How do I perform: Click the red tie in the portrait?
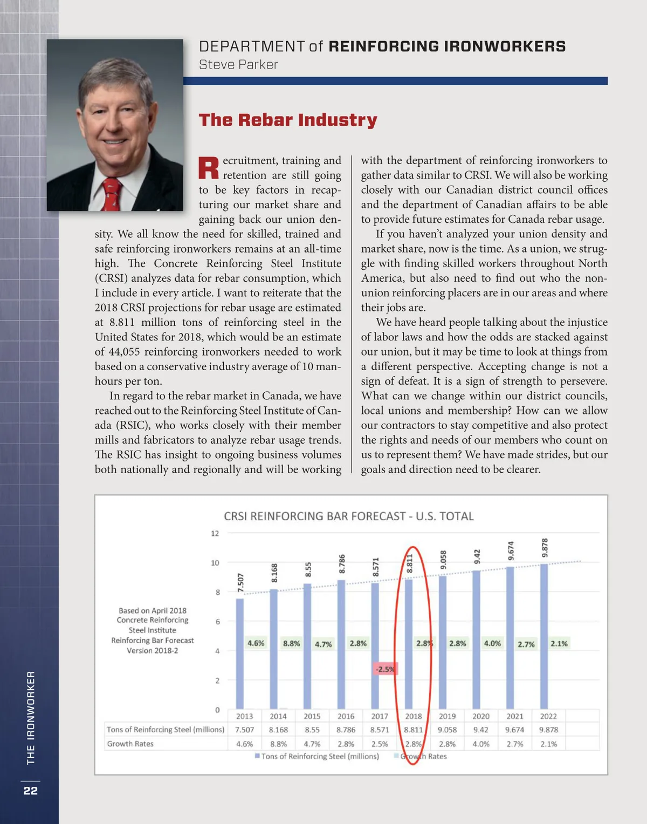pos(111,194)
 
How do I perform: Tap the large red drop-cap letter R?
pos(209,168)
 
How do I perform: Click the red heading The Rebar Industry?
pos(288,120)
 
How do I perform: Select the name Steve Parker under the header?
pos(238,65)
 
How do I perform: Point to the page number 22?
pos(31,791)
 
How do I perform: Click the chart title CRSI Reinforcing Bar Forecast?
pos(349,516)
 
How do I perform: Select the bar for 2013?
pos(240,653)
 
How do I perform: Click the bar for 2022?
pos(544,637)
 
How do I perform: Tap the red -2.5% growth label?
pos(384,669)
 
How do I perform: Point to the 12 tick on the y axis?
pos(215,534)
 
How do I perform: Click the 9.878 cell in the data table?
pos(548,730)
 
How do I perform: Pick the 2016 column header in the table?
pos(346,716)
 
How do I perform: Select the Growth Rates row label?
pos(130,744)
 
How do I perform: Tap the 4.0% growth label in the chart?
pos(492,643)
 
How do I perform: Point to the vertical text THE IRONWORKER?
pos(31,718)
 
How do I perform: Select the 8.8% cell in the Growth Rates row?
pos(278,744)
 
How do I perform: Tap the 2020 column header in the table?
pos(481,716)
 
